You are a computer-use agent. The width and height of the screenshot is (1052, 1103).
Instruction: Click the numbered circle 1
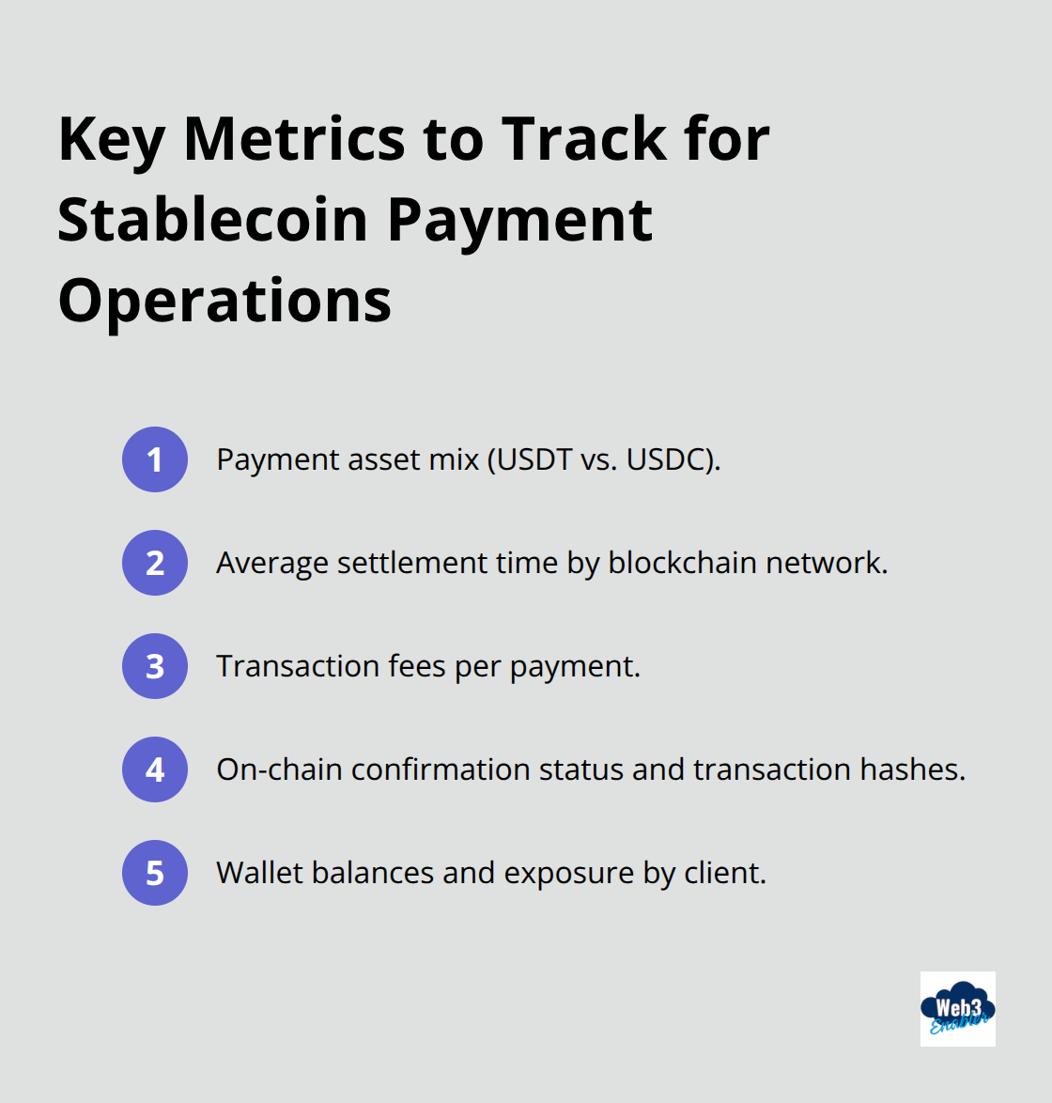(155, 459)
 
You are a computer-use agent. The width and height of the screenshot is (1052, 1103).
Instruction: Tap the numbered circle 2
(155, 563)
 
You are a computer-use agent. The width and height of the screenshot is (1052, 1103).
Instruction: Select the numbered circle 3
(155, 666)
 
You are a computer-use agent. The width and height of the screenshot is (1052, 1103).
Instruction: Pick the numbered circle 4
(155, 769)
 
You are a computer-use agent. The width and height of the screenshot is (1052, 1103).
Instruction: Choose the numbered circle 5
(155, 873)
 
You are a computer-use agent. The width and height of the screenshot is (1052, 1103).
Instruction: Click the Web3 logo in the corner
(957, 1009)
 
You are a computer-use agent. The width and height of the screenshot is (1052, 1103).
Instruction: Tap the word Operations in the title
(224, 301)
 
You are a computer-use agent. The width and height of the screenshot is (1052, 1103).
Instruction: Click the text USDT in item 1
(534, 459)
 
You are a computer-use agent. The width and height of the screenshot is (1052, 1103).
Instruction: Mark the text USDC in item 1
(668, 459)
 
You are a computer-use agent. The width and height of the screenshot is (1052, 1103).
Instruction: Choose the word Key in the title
(111, 139)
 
